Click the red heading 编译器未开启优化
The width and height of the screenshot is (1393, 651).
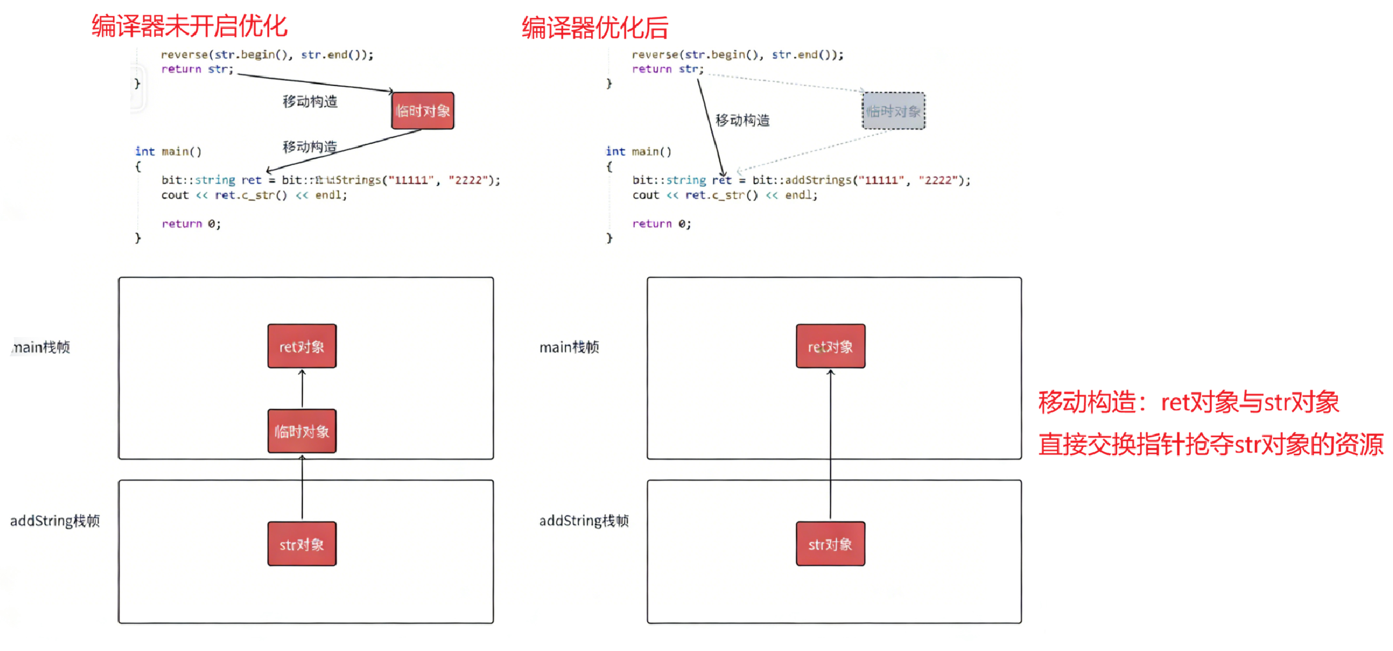[189, 26]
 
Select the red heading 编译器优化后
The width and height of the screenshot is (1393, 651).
[594, 28]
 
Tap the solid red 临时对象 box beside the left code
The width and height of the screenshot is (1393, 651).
[423, 111]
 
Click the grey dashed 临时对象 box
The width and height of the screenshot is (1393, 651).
[894, 111]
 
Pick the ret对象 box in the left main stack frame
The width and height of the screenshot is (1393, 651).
[302, 347]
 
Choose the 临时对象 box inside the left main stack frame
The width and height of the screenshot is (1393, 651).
[302, 431]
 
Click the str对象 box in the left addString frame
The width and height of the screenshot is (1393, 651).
[302, 544]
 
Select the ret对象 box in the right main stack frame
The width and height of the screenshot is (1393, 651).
[831, 347]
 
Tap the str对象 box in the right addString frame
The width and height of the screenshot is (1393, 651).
[831, 544]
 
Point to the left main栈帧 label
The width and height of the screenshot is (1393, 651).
[41, 347]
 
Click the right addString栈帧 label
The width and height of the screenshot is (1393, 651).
[584, 521]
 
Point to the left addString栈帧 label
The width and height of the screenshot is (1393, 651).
[55, 521]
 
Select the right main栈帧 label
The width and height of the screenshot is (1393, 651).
[569, 347]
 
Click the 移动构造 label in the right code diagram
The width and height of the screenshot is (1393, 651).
[743, 120]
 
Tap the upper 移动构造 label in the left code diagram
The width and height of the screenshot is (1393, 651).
[310, 101]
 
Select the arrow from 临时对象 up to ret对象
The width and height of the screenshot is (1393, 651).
[302, 389]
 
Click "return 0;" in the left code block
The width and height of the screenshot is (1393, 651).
[191, 223]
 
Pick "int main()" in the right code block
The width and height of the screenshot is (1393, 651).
[639, 152]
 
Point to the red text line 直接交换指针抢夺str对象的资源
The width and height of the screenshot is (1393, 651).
[1211, 444]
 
